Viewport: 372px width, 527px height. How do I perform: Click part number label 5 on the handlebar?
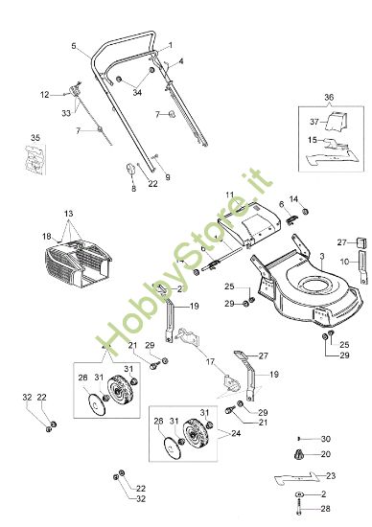click(x=74, y=46)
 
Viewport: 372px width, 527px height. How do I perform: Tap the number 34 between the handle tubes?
click(x=137, y=93)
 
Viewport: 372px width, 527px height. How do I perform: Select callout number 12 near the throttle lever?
click(x=44, y=94)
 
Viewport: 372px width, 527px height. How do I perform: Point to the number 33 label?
click(x=66, y=114)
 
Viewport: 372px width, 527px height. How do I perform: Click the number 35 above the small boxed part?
click(x=35, y=138)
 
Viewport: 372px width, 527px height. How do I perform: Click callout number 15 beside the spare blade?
click(x=312, y=140)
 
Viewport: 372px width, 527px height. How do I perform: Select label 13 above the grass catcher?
click(x=68, y=213)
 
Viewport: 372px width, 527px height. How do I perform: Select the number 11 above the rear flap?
click(x=229, y=195)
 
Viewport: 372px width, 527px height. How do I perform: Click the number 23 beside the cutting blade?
click(x=331, y=476)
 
